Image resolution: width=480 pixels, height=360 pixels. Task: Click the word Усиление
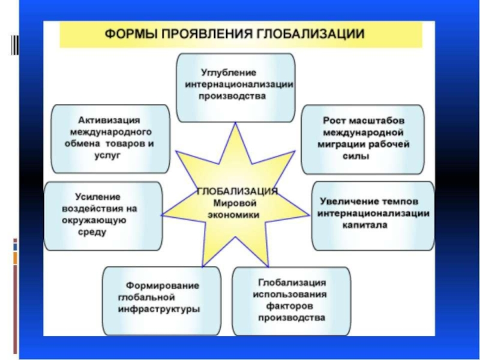tap(98, 197)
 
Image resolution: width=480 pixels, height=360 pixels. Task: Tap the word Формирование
tap(163, 285)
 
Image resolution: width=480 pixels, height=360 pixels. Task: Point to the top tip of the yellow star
tap(235, 123)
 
